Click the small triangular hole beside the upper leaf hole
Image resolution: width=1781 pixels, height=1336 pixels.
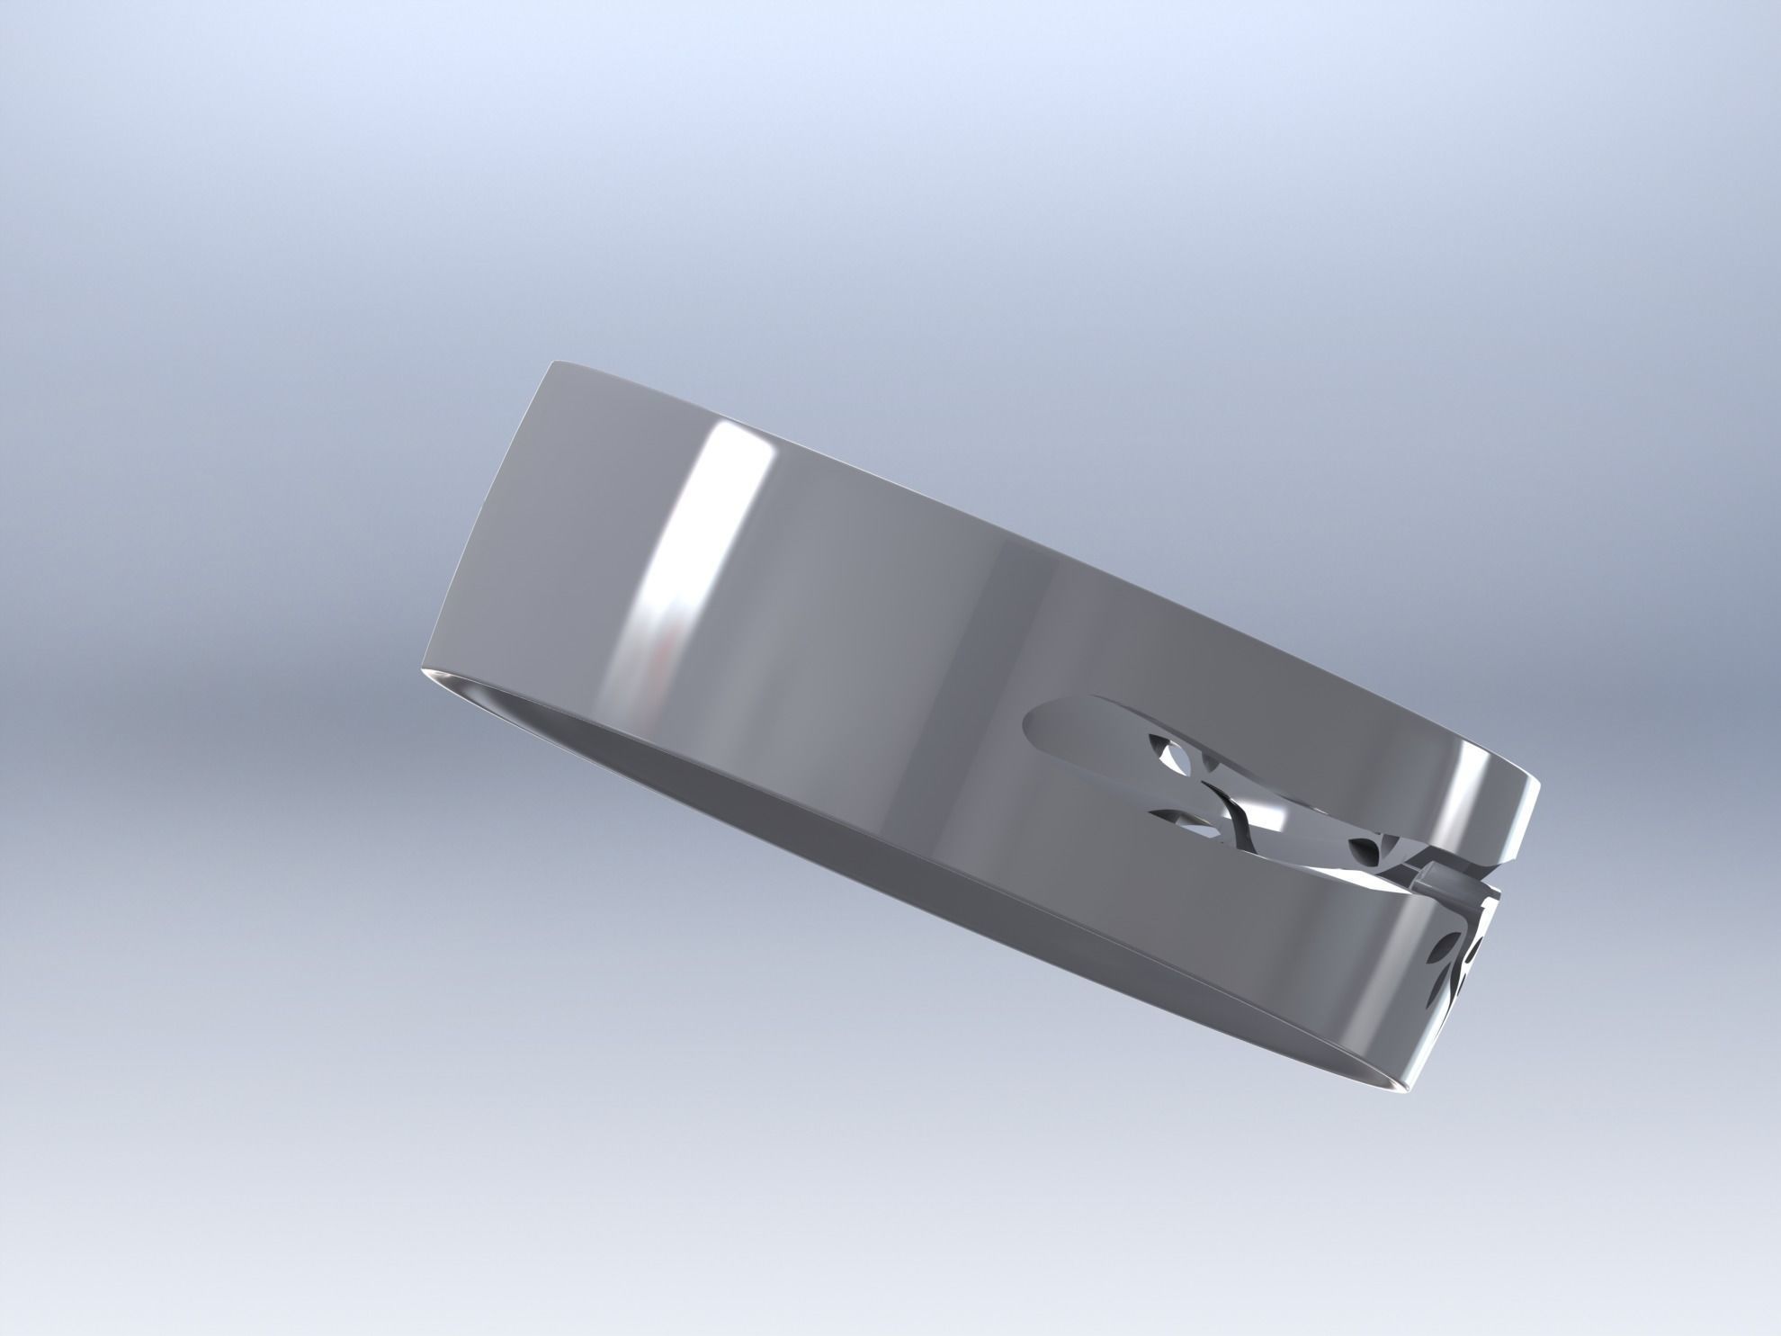[x=1211, y=763]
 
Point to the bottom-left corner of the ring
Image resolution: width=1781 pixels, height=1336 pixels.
[x=422, y=670]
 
